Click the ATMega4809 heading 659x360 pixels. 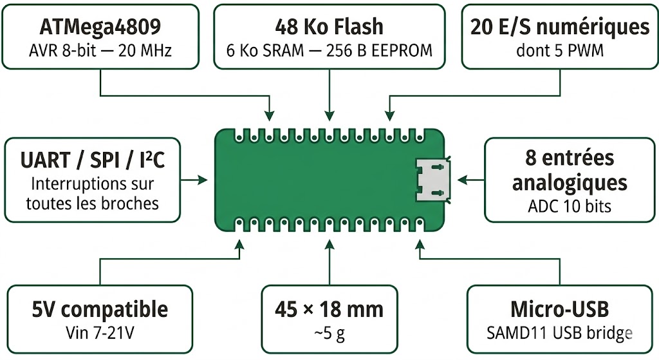(100, 27)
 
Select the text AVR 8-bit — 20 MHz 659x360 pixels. (100, 50)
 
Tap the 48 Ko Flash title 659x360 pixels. (329, 27)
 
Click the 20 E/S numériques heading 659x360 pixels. (559, 27)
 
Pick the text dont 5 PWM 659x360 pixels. (559, 50)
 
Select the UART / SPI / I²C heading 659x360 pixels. (92, 159)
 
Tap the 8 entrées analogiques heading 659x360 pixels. (569, 170)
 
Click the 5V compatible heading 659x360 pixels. (100, 309)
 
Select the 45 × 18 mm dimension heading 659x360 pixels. (329, 309)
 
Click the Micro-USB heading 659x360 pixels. (559, 309)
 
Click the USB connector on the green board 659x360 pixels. (432, 178)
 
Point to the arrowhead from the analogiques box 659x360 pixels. (458, 178)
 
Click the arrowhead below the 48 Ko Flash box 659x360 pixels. (329, 117)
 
